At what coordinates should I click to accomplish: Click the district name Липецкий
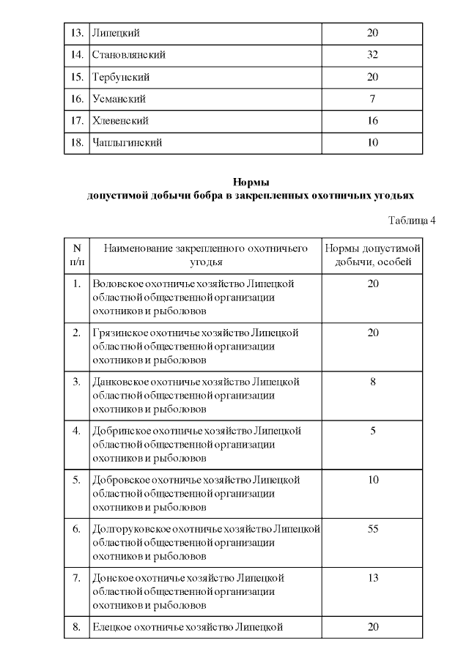[116, 34]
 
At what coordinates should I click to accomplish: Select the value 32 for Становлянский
[372, 55]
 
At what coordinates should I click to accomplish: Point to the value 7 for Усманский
[372, 99]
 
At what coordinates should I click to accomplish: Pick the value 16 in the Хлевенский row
[372, 121]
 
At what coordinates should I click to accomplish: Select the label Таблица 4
[411, 221]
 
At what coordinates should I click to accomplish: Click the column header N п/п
[77, 254]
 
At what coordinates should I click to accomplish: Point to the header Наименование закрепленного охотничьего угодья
[204, 254]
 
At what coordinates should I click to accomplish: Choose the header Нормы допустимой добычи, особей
[372, 254]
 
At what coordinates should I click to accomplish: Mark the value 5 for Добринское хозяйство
[372, 431]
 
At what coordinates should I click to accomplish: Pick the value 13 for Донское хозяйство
[372, 578]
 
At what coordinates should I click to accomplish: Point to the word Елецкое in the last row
[112, 627]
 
